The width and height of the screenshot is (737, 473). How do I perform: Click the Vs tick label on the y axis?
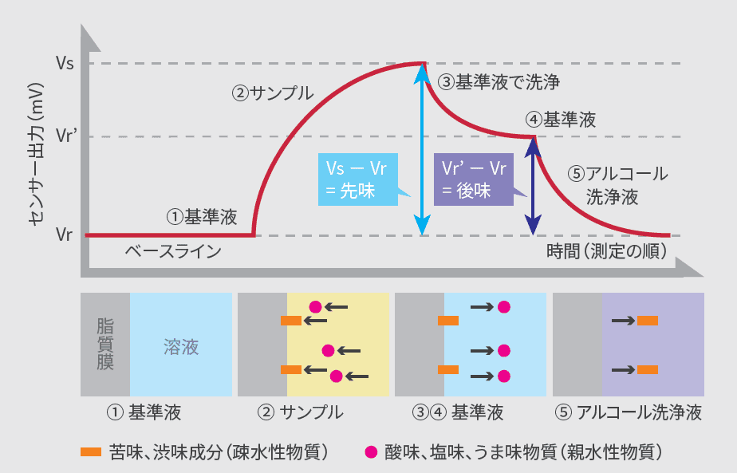tap(65, 63)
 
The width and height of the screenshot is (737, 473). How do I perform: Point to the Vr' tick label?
tap(66, 136)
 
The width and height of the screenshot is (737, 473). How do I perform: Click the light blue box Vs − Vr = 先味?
tap(357, 179)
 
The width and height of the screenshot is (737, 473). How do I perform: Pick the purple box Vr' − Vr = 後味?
tap(474, 179)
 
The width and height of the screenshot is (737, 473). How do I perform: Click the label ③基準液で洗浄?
tap(499, 81)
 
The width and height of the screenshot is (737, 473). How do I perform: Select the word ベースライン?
tap(172, 251)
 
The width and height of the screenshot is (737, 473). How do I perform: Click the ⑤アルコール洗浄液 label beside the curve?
tap(617, 185)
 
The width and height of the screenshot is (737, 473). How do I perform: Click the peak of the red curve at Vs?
tap(421, 63)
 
